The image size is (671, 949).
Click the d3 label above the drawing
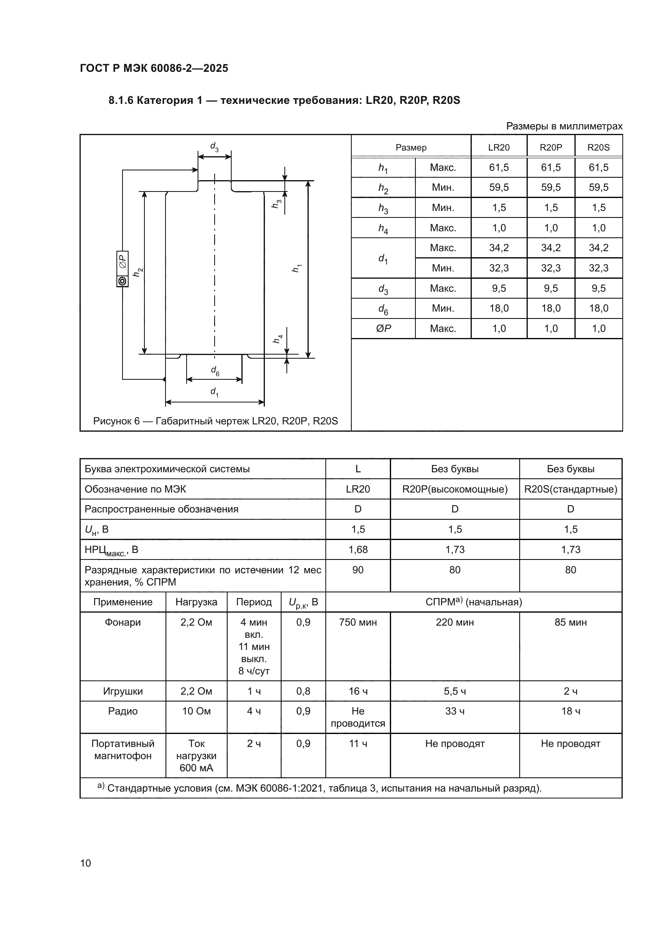[x=214, y=147]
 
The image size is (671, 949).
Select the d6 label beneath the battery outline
[x=215, y=371]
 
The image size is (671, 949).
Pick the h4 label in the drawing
[x=278, y=339]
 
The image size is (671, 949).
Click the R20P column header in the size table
[x=551, y=148]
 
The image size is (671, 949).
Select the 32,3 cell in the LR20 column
[x=499, y=268]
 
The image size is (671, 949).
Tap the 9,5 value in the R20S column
[x=598, y=288]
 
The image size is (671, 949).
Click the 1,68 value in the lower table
[x=358, y=550]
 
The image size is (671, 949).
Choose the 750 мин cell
[x=358, y=622]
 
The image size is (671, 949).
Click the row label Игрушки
[x=123, y=691]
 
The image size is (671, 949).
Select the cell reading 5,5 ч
[x=454, y=691]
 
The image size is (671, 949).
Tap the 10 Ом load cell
[x=196, y=711]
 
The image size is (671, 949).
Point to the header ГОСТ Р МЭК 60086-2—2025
[x=154, y=69]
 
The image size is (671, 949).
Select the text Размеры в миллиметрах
[x=564, y=126]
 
